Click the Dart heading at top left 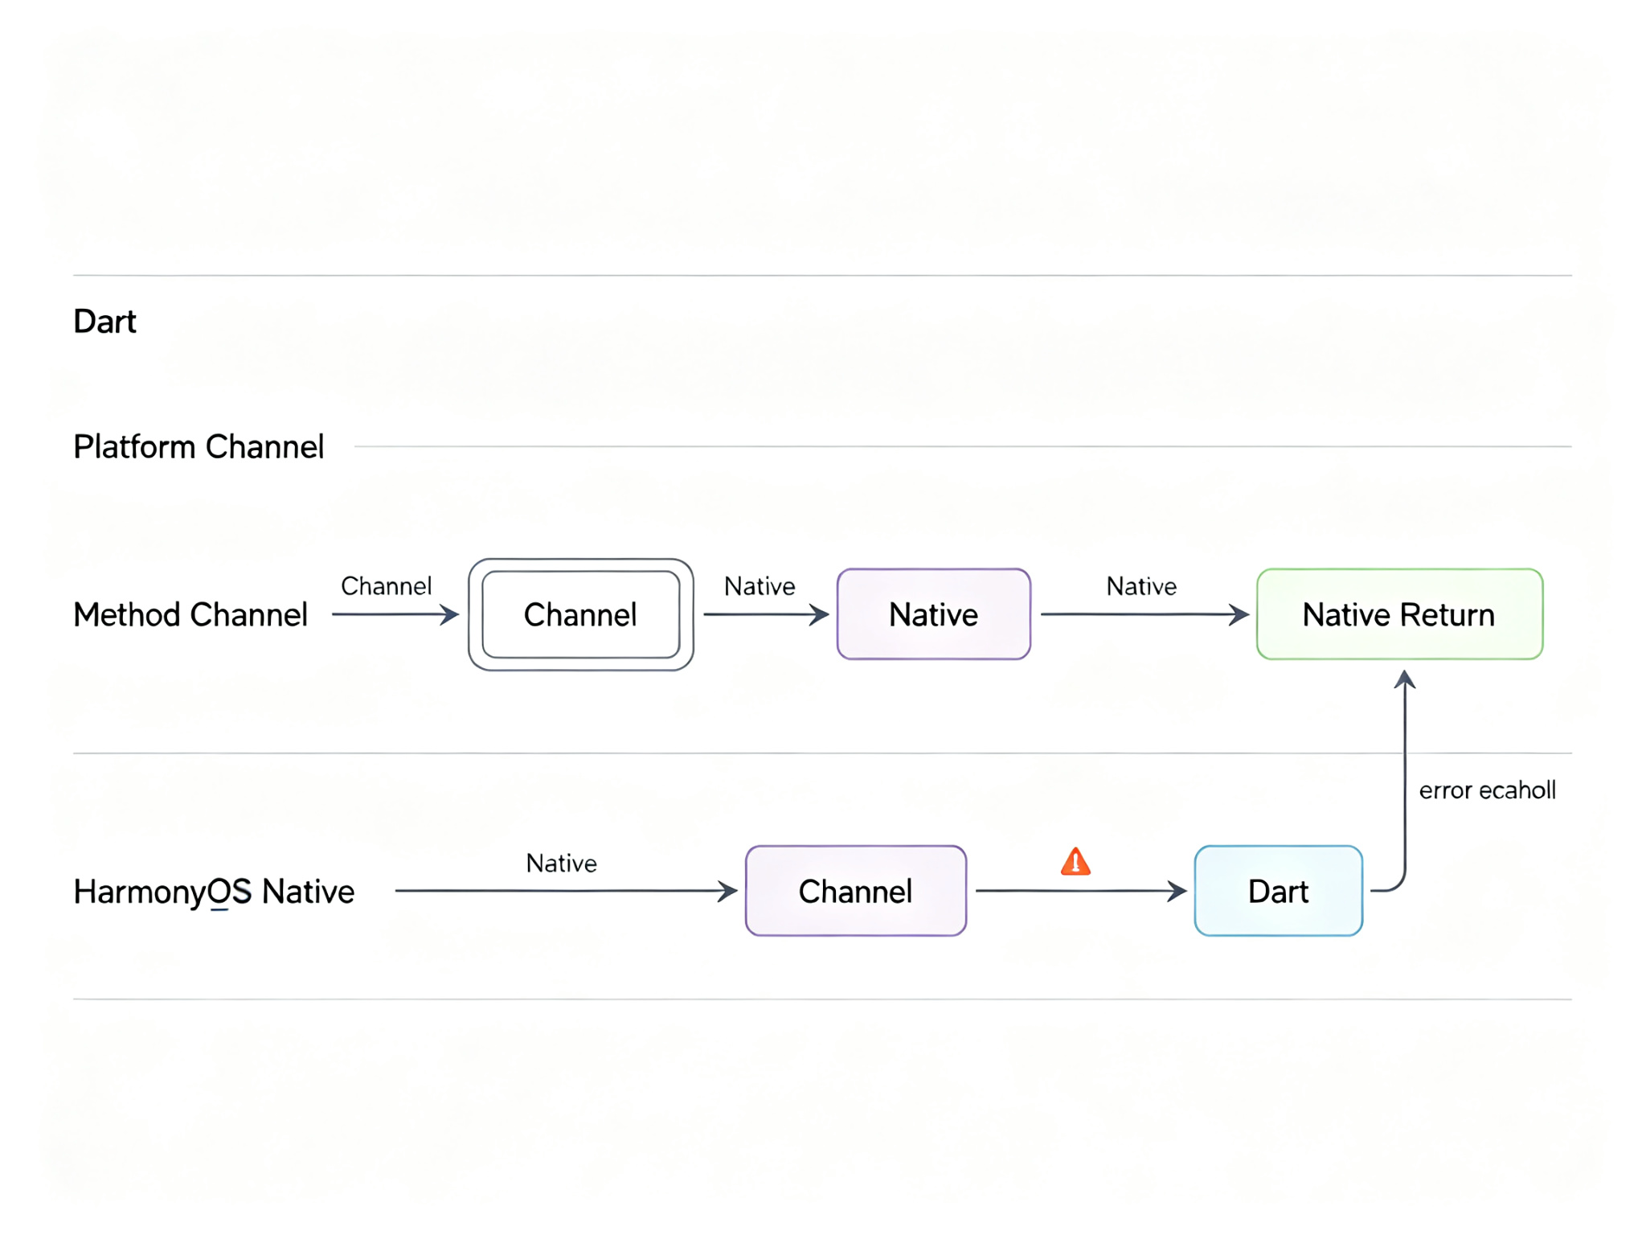[x=104, y=322]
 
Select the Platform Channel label [x=199, y=446]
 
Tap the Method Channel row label [x=190, y=614]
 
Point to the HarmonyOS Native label [x=214, y=892]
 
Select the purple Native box [x=933, y=614]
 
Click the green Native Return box [x=1399, y=614]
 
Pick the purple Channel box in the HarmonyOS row [x=855, y=891]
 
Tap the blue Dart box [x=1278, y=891]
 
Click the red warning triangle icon [x=1075, y=861]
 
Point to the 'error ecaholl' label [x=1487, y=790]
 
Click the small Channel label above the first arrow [x=386, y=585]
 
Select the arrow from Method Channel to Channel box [x=395, y=615]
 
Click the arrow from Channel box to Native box [x=766, y=615]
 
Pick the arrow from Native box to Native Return [x=1145, y=615]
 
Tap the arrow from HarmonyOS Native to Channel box [x=567, y=891]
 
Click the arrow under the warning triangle [x=1081, y=891]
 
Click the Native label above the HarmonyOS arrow [x=561, y=863]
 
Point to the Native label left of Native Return [x=1141, y=586]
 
